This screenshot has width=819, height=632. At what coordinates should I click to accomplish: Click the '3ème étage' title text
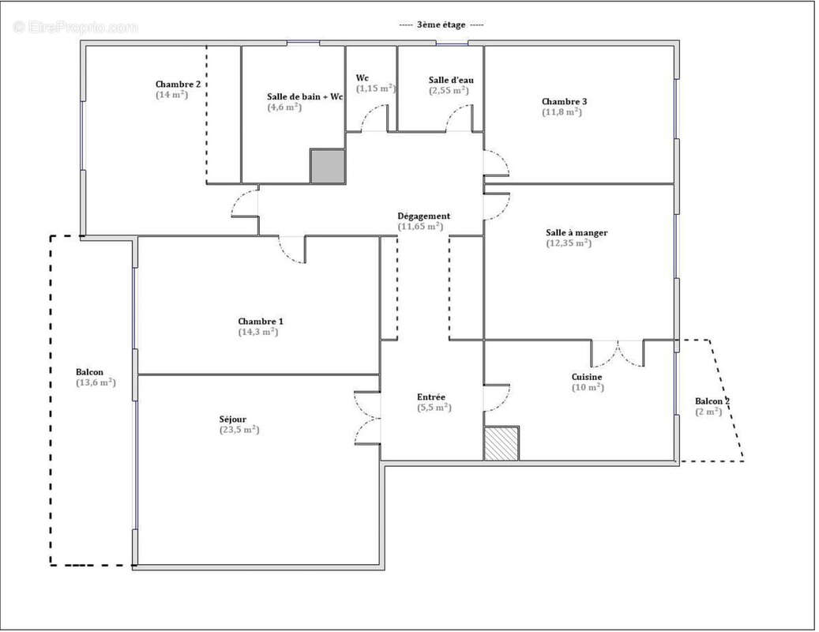click(x=441, y=24)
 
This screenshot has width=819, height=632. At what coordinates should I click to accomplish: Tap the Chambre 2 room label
click(x=178, y=84)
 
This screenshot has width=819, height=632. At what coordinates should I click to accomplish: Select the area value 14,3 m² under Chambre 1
click(x=258, y=332)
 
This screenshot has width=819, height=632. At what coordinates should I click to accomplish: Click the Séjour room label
click(x=233, y=419)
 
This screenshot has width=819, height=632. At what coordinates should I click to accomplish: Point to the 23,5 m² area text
click(x=239, y=430)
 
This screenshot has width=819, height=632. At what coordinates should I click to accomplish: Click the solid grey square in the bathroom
click(x=328, y=166)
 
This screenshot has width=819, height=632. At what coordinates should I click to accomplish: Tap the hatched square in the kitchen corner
click(x=502, y=443)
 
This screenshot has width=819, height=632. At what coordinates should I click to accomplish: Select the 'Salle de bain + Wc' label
click(x=305, y=96)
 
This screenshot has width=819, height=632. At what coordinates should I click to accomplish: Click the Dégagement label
click(x=423, y=216)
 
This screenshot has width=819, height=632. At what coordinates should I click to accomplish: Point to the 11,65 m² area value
click(x=420, y=227)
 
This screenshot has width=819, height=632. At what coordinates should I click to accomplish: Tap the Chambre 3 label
click(x=565, y=102)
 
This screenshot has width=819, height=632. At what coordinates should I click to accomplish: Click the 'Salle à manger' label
click(x=577, y=233)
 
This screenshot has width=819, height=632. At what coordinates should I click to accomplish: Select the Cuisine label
click(x=587, y=377)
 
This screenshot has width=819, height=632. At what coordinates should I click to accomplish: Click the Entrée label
click(x=431, y=397)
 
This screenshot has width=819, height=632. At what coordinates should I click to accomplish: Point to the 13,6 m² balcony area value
click(x=96, y=383)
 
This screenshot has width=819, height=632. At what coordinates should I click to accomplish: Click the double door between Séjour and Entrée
click(x=367, y=419)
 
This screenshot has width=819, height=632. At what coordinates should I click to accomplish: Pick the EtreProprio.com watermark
click(x=77, y=27)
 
